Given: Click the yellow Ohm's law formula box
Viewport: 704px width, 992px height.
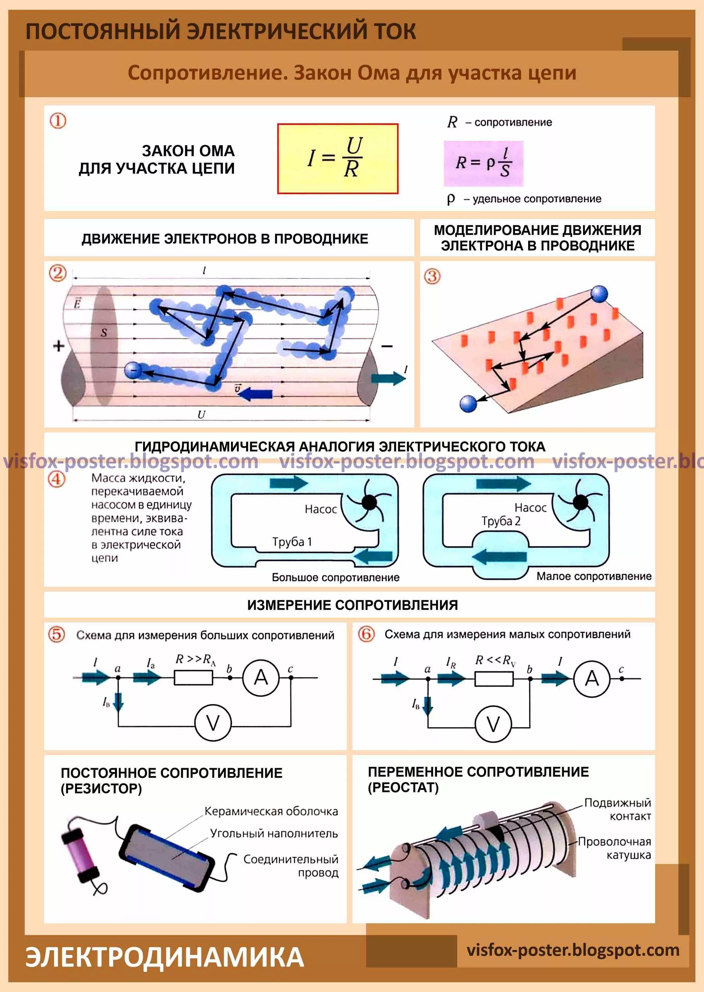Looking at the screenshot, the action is point(338,158).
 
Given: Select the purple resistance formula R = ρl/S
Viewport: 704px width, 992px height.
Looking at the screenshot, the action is point(483,163).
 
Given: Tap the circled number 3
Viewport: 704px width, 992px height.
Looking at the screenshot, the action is point(432,276).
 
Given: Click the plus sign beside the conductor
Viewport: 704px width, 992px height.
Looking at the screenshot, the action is point(59,346).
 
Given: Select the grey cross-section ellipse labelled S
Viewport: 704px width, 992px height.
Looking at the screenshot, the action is point(103,346).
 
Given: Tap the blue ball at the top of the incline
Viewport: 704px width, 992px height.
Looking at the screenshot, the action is point(599,294).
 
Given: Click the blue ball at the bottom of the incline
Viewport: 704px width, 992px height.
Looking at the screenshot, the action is point(468,403).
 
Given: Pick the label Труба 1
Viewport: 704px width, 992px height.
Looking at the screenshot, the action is point(292,542).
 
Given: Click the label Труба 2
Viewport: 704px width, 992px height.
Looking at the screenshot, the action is point(501,521).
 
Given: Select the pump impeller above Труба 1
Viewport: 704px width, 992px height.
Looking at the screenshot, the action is point(369,503).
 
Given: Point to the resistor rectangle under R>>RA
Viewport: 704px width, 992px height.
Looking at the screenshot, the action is point(193,677).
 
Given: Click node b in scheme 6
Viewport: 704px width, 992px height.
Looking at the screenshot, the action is point(530,679).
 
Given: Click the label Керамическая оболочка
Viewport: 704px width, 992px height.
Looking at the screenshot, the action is point(271,811).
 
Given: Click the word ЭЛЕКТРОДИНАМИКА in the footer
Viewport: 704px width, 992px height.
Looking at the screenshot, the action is point(165,957).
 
